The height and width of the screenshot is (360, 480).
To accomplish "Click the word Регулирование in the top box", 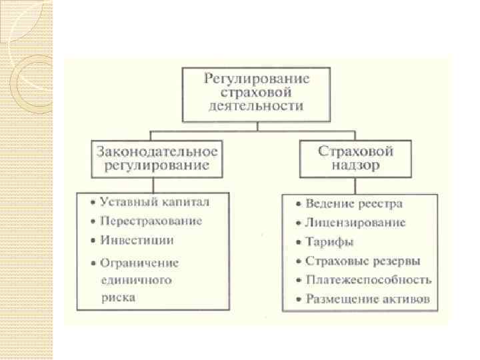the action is coord(257,79).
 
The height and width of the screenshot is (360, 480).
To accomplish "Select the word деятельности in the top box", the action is coord(257,106).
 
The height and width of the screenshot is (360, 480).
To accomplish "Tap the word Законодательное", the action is coord(157,151).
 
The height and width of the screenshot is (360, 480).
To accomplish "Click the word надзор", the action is coord(356,165).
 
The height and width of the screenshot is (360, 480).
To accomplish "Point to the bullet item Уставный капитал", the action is coord(155,201).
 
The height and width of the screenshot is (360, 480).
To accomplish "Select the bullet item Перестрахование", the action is coord(151,221).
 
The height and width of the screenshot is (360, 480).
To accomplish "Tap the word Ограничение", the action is coord(139,263).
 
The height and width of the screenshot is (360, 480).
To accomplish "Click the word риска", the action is coord(119,297).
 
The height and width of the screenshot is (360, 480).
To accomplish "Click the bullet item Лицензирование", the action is coord(355,223).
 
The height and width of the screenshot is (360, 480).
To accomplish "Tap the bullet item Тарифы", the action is coord(329,242).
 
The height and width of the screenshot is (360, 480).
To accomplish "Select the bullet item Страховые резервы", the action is coord(363,261).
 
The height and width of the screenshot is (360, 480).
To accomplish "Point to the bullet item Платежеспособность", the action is coord(368,280).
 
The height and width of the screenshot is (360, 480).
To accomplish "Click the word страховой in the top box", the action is coord(257,93).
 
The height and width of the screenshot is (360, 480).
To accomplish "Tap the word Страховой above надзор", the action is coord(356,151).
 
